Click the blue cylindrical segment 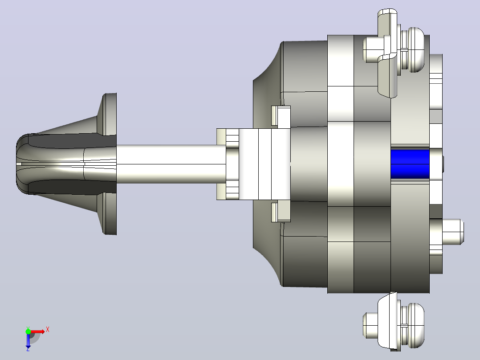coord(410,164)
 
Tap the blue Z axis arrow coord(28,340)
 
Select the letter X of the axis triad coord(48,330)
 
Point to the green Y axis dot coord(28,331)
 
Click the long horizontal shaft coord(171,164)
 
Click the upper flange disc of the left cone coord(109,114)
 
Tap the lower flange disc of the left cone coord(109,213)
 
